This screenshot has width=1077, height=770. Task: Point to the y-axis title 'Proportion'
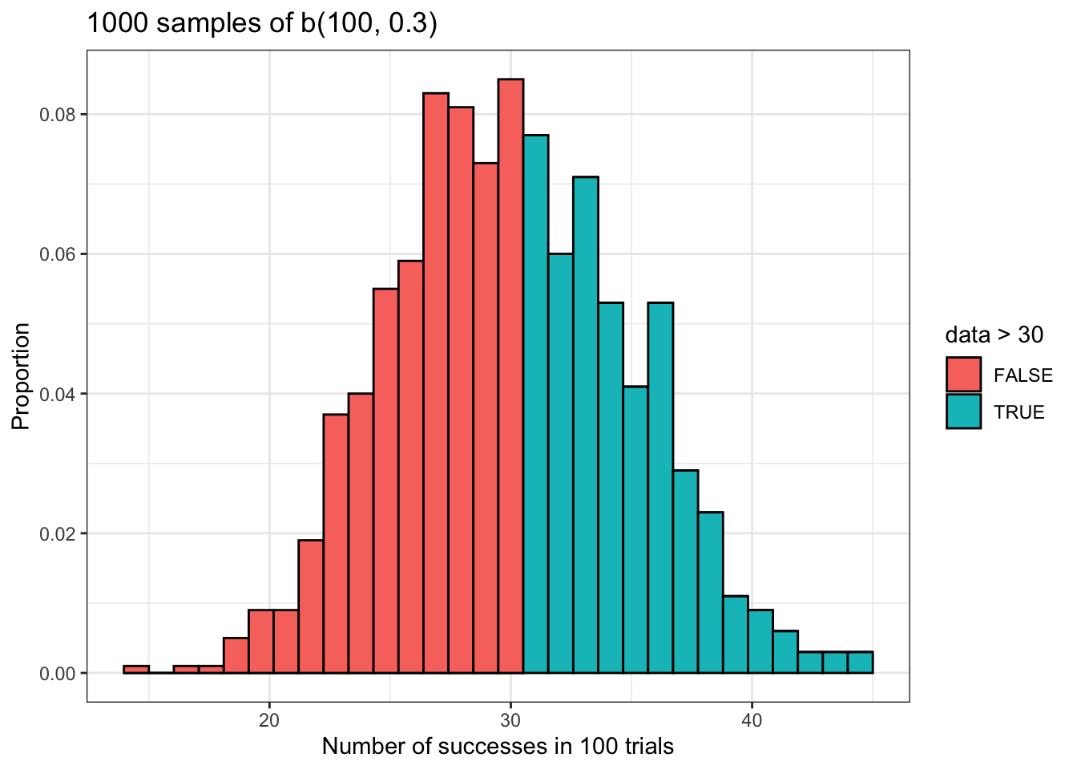22,375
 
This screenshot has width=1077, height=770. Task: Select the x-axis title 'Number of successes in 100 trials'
498,747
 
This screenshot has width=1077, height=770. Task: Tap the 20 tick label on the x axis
269,720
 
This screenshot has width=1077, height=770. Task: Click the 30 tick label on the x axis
510,720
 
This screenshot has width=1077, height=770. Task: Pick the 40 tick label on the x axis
752,720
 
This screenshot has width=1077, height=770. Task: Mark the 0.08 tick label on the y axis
58,115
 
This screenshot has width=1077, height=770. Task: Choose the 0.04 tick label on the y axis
58,394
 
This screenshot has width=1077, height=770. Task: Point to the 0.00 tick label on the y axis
58,674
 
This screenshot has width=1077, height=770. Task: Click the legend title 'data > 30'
994,334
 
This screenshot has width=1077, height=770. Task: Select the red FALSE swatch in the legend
963,375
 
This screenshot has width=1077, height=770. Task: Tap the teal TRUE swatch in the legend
963,411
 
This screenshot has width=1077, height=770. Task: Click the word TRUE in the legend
1019,412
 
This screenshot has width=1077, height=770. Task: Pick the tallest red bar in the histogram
510,377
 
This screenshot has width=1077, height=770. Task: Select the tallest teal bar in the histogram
535,401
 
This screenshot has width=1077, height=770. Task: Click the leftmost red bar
136,670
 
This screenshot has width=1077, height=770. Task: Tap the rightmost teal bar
860,663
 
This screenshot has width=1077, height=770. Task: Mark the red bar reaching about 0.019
311,607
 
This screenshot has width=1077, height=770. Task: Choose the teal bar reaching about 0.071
585,425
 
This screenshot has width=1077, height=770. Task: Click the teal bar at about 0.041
635,529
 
